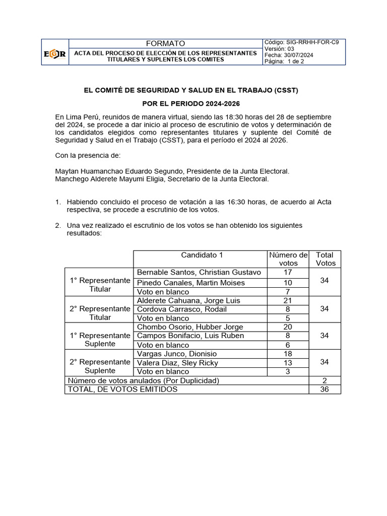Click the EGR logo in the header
tap(54, 52)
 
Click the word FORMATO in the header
tap(165, 43)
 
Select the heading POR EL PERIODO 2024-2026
tap(191, 104)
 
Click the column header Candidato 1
tap(202, 255)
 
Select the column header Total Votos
tap(325, 259)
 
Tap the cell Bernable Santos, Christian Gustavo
tap(199, 272)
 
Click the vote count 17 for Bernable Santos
tap(288, 272)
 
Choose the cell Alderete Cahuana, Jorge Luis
tap(188, 300)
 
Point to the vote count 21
tap(288, 300)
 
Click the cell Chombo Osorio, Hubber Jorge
tap(190, 327)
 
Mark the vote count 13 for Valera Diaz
tap(288, 363)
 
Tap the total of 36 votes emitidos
tap(325, 390)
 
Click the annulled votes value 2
tap(325, 380)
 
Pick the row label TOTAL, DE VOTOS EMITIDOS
tap(122, 390)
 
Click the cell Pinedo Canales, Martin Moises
tap(191, 283)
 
